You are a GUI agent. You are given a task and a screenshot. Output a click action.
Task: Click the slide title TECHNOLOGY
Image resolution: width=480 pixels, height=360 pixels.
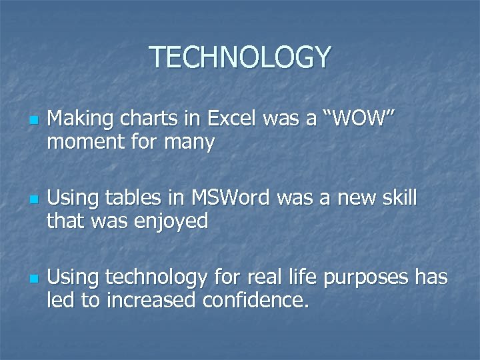tap(239, 57)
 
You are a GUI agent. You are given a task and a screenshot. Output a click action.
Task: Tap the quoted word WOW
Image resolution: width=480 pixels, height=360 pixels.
tap(357, 119)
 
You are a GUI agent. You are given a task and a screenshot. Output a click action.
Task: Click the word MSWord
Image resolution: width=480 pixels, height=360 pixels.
tap(231, 198)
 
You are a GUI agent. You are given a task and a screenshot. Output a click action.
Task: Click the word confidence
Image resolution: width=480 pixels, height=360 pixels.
tap(256, 299)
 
